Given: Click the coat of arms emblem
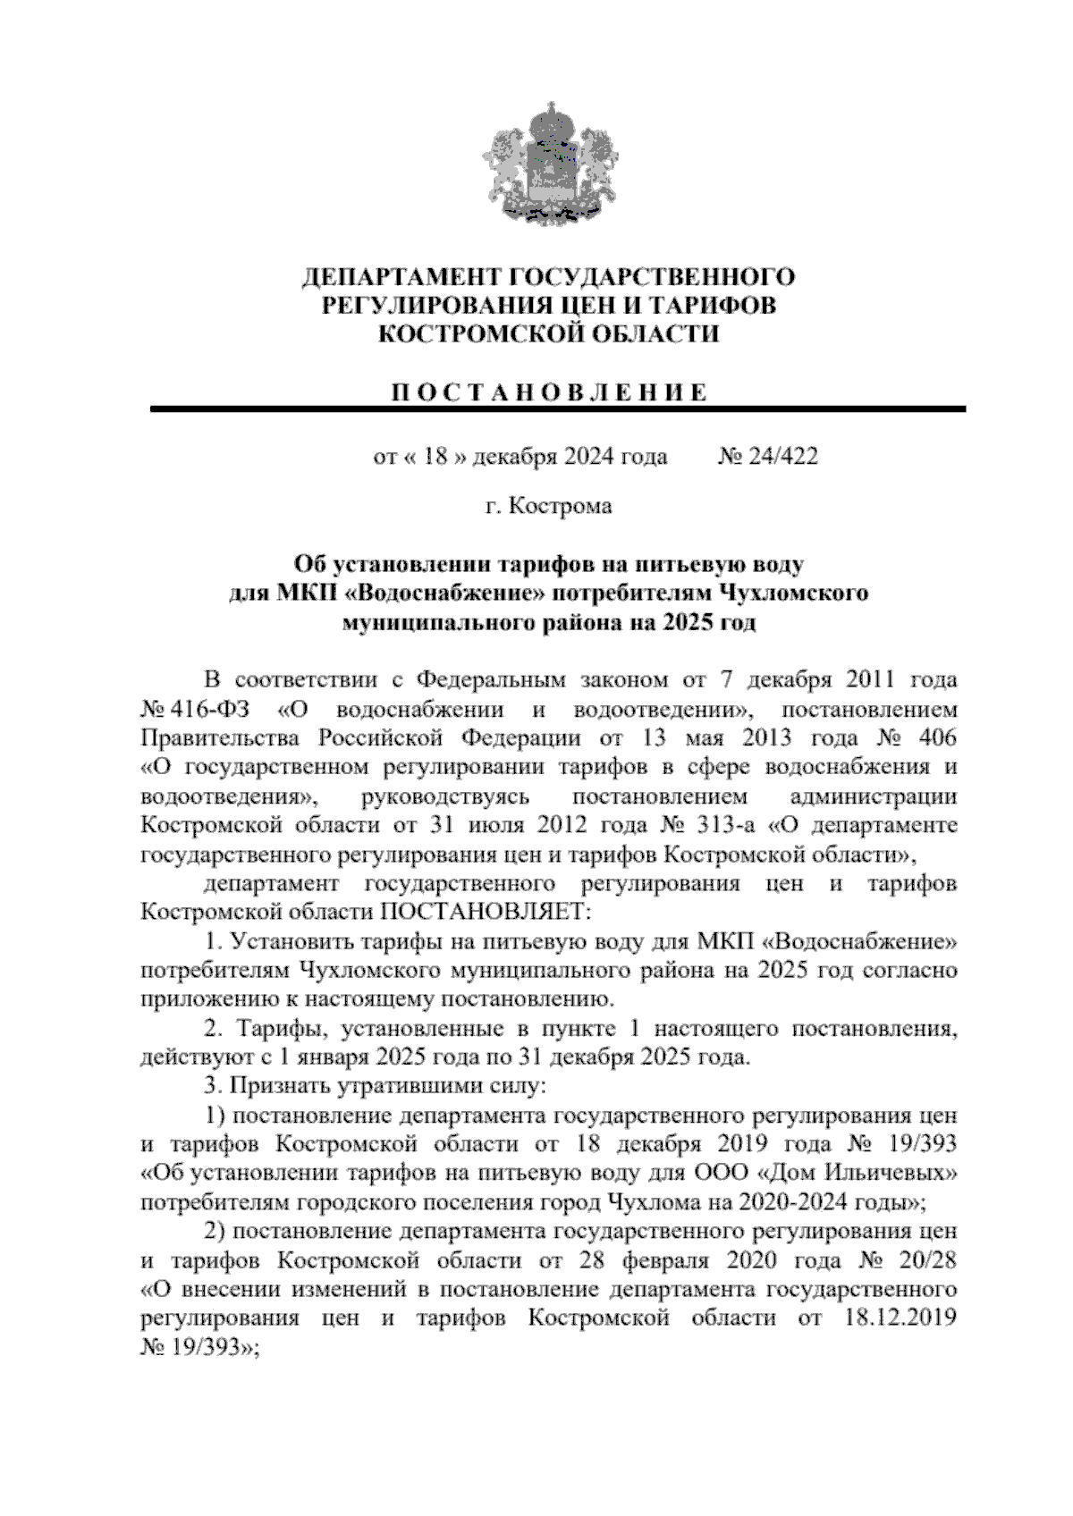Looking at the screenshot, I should pos(536,164).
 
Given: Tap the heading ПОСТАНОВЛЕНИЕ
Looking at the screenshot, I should pos(549,392).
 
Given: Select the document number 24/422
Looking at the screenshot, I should pos(783,457).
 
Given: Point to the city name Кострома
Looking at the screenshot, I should pos(561,507).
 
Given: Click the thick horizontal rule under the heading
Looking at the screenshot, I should pos(558,409).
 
